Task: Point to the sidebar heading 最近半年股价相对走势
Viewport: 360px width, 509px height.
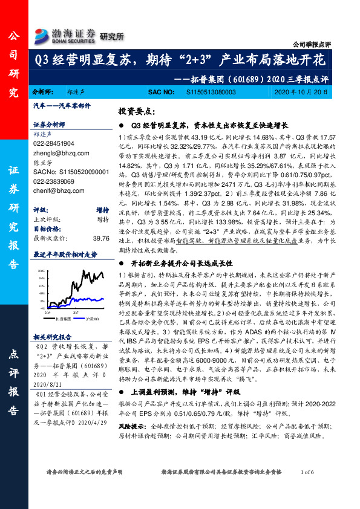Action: (x=65, y=254)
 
